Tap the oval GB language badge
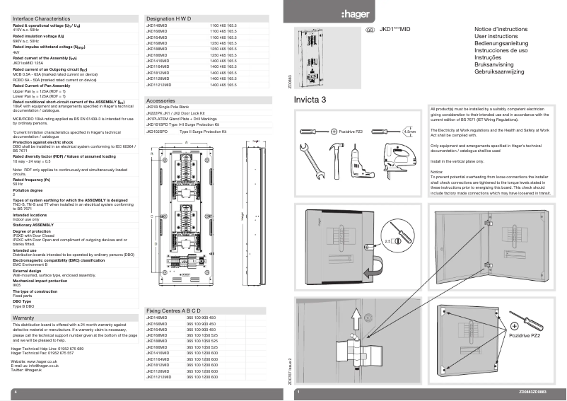tap(369, 30)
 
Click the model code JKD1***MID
tap(395, 30)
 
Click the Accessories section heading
tap(160, 101)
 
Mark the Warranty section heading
tap(24, 319)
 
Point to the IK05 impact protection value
tap(18, 286)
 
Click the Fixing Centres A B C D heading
tap(174, 310)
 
